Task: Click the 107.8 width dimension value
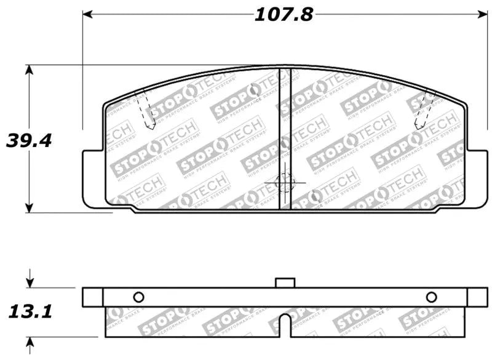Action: pyautogui.click(x=284, y=14)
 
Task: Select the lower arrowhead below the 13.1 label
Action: pyautogui.click(x=29, y=342)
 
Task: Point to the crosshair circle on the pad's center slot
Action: pyautogui.click(x=285, y=182)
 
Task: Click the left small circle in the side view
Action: pyautogui.click(x=138, y=297)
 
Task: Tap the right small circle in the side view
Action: pyautogui.click(x=431, y=297)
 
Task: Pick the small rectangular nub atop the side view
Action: pyautogui.click(x=285, y=282)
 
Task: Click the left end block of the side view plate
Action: pyautogui.click(x=92, y=297)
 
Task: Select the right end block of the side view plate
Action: pyautogui.click(x=477, y=297)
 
